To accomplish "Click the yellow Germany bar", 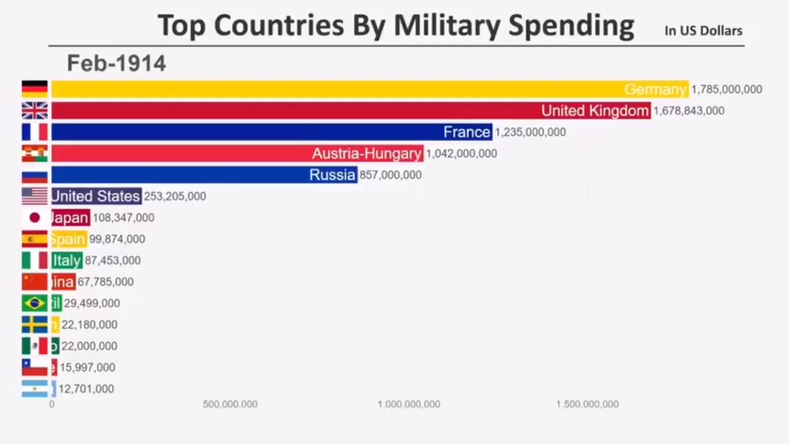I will click(x=368, y=89).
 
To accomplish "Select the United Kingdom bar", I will click(x=348, y=111).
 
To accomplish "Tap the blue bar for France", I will click(x=270, y=132).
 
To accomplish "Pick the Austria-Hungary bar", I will click(x=237, y=153).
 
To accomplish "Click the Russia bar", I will click(x=204, y=175).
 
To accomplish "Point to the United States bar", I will click(x=96, y=196).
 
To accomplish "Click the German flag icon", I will click(x=34, y=89).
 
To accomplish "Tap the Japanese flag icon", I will click(x=34, y=218).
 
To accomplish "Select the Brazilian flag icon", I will click(x=34, y=303).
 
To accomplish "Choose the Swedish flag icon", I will click(x=34, y=324).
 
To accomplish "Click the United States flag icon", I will click(x=34, y=196).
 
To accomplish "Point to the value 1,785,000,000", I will click(x=727, y=89).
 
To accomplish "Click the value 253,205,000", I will click(x=174, y=196).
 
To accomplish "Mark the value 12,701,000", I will click(x=86, y=389).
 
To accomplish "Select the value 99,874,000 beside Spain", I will click(x=117, y=239).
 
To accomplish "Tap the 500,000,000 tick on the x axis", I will click(x=229, y=404).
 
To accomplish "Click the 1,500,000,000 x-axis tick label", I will click(x=587, y=404).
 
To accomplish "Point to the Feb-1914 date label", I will click(x=116, y=63).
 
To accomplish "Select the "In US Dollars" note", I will click(x=703, y=30).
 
